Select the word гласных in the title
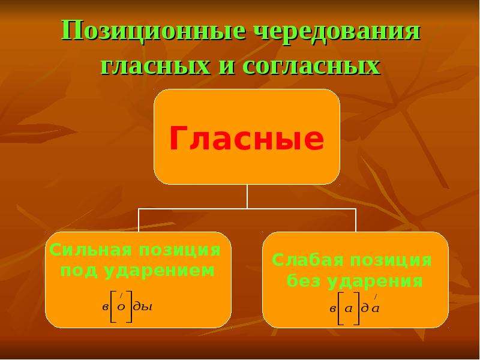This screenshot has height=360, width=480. click(156, 67)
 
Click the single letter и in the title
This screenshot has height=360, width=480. click(227, 67)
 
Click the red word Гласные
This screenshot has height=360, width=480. click(247, 138)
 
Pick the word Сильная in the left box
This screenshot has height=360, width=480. click(91, 250)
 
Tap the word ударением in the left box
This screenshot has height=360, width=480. click(159, 271)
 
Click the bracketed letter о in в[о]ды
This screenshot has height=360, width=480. click(121, 307)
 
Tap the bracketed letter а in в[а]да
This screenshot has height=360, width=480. click(349, 308)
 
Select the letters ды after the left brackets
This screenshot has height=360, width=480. click(143, 307)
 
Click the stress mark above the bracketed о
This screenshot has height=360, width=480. click(121, 295)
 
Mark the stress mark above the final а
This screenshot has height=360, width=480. click(376, 296)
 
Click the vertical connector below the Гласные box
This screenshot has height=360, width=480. click(247, 197)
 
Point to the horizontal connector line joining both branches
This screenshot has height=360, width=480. click(247, 209)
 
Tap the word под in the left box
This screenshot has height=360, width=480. click(78, 271)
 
